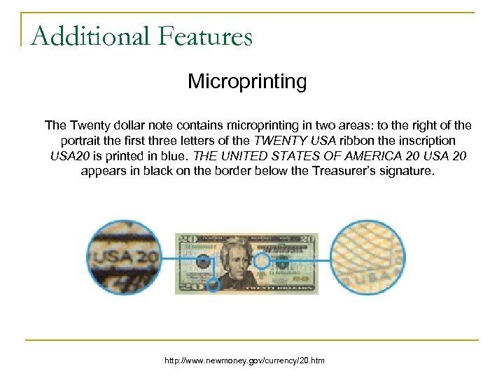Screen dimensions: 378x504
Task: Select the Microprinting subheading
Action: [247, 82]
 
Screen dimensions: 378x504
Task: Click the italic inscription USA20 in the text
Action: [71, 155]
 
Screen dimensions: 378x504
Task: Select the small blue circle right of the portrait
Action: [262, 261]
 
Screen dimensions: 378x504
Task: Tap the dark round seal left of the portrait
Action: [203, 262]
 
